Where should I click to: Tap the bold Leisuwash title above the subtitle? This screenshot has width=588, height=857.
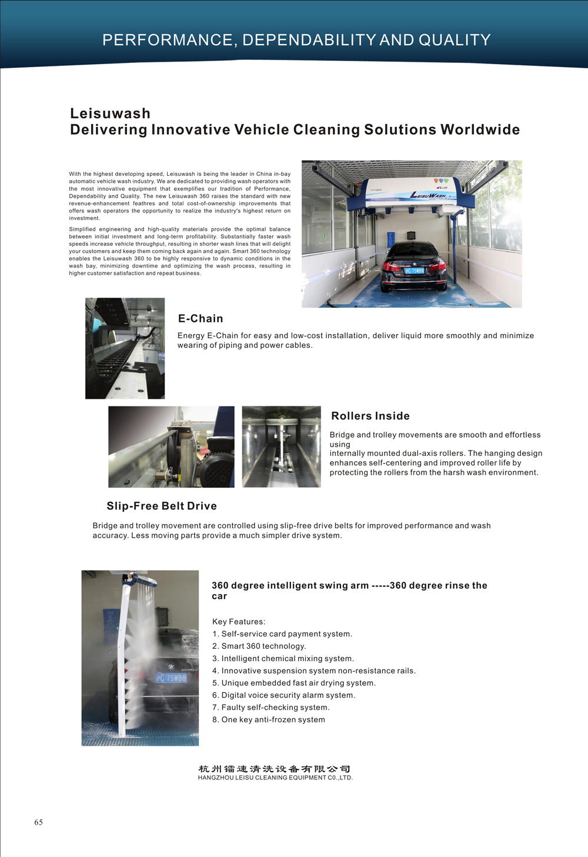(x=110, y=114)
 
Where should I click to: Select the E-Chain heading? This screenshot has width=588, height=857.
(x=201, y=319)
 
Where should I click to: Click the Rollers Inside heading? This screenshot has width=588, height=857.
(x=370, y=416)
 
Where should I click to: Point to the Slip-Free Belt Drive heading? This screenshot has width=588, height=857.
(x=162, y=506)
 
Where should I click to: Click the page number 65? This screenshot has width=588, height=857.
(x=38, y=822)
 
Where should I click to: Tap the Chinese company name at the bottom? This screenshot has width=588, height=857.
(x=275, y=769)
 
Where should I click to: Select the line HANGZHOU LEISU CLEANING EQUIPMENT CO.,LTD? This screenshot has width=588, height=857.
(x=275, y=778)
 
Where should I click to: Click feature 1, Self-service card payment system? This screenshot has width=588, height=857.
(x=282, y=634)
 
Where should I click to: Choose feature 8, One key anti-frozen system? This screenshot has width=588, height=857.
(x=269, y=720)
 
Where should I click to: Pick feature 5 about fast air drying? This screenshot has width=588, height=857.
(x=294, y=683)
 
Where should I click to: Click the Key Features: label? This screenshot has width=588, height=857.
(x=239, y=622)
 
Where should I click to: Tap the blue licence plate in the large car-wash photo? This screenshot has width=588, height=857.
(x=415, y=271)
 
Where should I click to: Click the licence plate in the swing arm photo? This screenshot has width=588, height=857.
(x=171, y=678)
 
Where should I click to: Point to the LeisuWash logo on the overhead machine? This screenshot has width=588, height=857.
(x=427, y=195)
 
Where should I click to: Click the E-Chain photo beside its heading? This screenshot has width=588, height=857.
(x=125, y=348)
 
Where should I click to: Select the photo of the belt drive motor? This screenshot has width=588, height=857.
(x=171, y=447)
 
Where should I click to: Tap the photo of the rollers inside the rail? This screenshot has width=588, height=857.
(x=281, y=447)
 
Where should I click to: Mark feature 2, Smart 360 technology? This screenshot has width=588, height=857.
(x=259, y=646)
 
